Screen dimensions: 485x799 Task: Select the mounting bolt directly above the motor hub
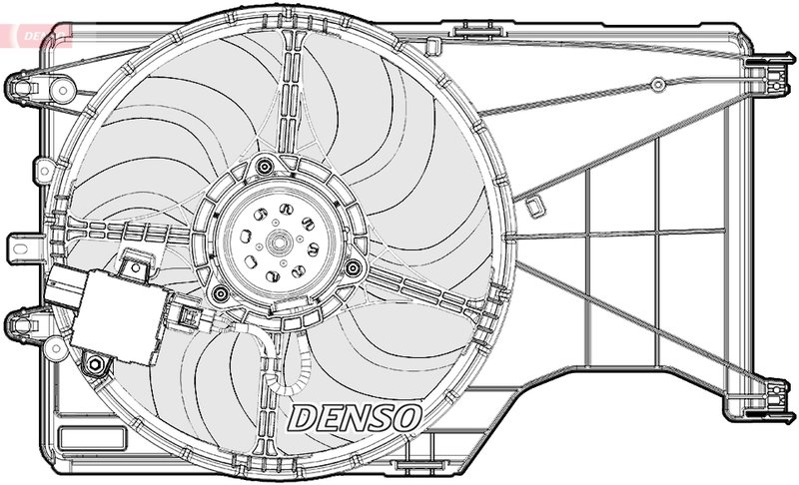pyautogui.click(x=264, y=167)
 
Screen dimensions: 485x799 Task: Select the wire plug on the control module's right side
pyautogui.click(x=186, y=316)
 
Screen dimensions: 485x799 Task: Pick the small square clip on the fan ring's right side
pyautogui.click(x=536, y=206)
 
